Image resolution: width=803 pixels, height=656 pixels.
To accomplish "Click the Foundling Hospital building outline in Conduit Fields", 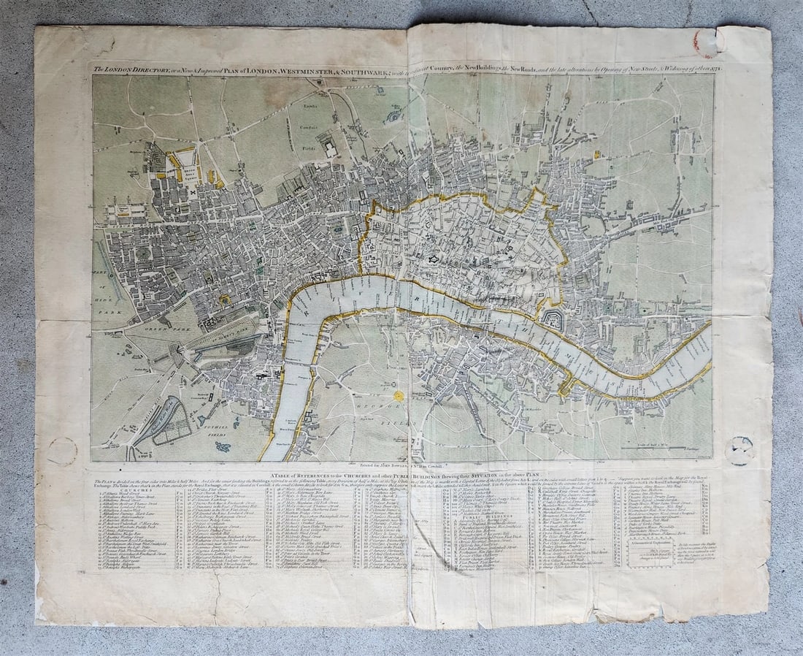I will point(330,148).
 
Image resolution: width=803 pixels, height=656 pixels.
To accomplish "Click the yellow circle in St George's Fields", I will point(399,395).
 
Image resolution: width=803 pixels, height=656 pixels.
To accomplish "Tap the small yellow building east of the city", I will point(596,154).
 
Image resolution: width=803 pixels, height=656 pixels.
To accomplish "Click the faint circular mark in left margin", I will point(62,451).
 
